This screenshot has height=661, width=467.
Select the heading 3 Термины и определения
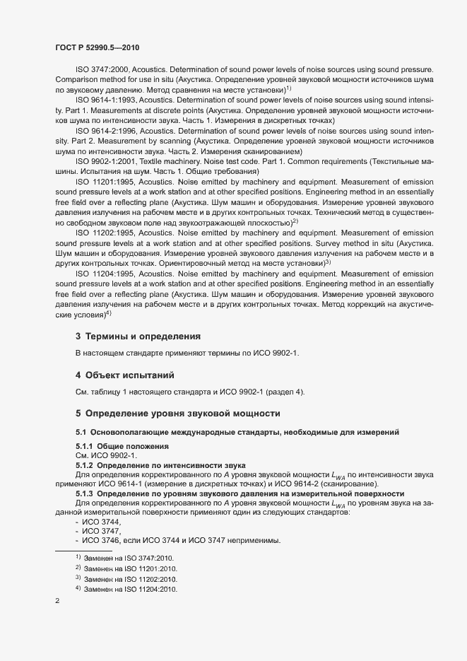(x=138, y=336)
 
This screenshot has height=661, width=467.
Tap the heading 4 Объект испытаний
(x=125, y=374)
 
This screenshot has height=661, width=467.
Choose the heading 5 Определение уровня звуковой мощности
(x=178, y=412)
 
